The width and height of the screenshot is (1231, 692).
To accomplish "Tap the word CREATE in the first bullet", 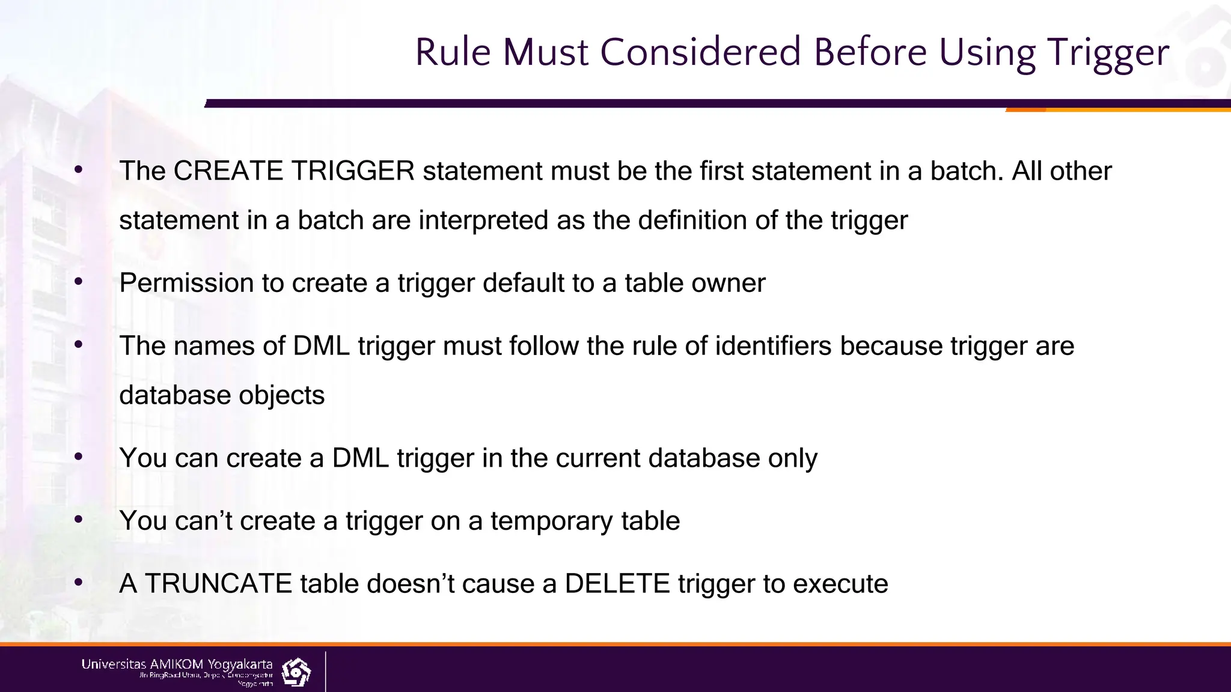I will [228, 171].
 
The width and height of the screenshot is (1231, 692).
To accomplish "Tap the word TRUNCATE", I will [218, 584].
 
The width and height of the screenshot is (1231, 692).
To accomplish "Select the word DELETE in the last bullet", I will [617, 584].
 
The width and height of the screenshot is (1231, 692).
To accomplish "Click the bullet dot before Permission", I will [78, 282].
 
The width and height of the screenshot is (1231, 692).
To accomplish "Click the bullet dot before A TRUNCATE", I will [78, 583].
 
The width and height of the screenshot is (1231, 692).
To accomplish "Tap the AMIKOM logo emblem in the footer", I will [296, 672].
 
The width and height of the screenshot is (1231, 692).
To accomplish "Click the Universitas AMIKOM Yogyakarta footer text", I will [177, 664].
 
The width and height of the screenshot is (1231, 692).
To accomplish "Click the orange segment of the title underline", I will [1118, 110].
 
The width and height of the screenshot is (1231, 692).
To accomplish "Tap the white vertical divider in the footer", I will [326, 671].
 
